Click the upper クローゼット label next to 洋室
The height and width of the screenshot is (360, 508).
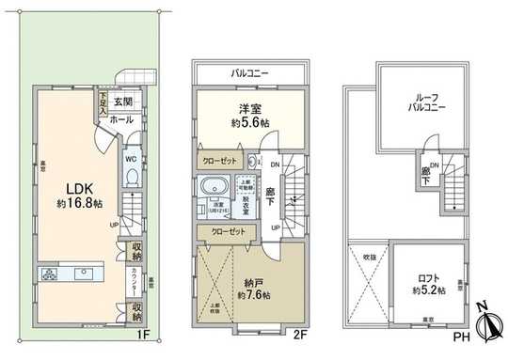[223, 161]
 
